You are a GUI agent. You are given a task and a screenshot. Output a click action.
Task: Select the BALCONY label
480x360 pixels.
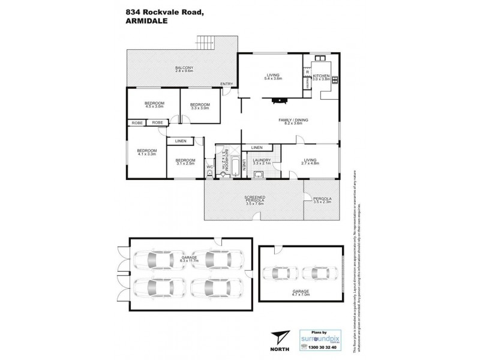click(184, 69)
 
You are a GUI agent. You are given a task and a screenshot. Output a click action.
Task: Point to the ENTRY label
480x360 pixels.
click(226, 83)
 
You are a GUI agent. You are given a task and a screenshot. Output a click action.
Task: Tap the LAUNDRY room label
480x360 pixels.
click(263, 162)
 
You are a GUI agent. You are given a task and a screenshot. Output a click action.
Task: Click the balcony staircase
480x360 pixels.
click(205, 43)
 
